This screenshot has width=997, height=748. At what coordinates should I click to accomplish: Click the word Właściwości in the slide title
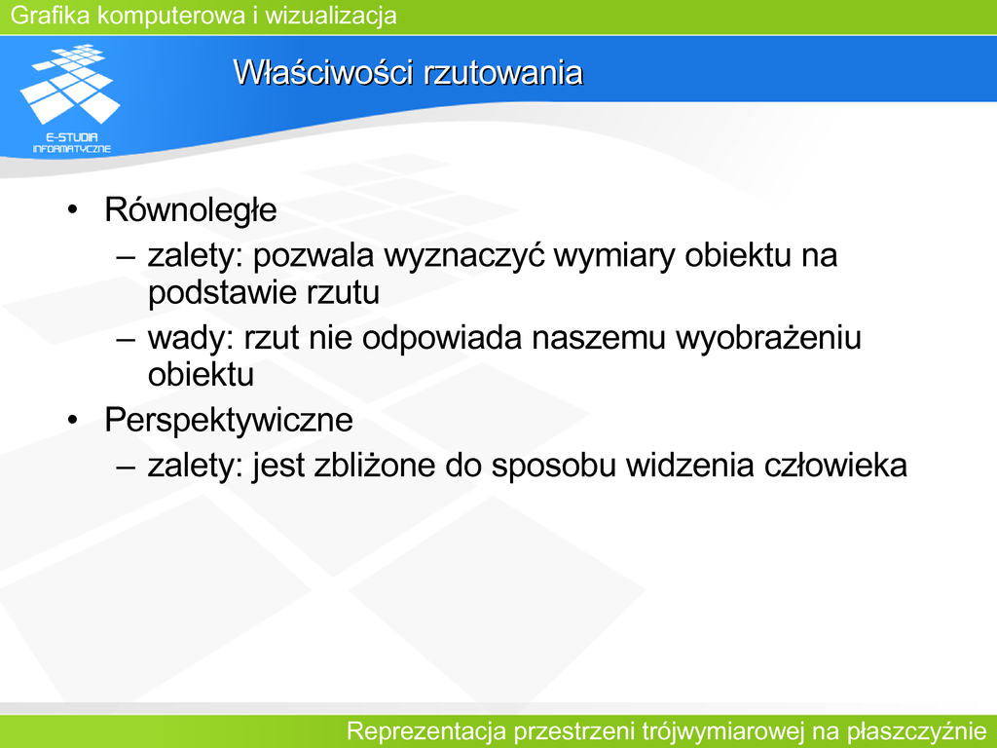323,72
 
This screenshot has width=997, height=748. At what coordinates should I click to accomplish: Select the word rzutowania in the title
503,72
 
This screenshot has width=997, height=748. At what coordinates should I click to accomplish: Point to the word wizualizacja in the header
331,16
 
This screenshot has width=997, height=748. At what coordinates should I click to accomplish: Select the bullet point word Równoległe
190,210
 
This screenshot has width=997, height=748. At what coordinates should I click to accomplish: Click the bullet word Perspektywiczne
228,421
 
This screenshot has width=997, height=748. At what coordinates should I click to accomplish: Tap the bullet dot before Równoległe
72,210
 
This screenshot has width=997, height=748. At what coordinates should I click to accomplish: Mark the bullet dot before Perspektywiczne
72,420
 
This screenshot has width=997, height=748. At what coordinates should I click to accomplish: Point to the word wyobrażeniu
768,338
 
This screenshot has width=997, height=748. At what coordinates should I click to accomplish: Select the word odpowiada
442,339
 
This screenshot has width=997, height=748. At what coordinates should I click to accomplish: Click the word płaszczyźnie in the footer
916,731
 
